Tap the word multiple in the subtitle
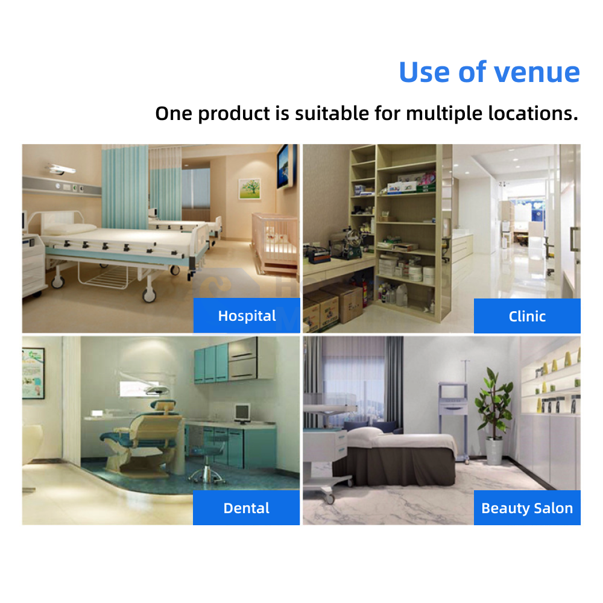pos(444,114)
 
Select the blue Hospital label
pos(247,315)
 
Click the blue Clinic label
pos(527,316)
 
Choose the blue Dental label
pos(246,508)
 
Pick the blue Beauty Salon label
pos(527,508)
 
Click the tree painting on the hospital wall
pos(249,188)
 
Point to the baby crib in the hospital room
pos(275,242)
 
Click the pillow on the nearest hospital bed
pos(69,229)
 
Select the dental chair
pos(142,437)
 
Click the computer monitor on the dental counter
pos(242,414)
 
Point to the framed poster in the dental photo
pos(33,373)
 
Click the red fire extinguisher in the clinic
pos(365,293)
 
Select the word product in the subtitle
pos(234,115)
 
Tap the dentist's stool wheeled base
pos(206,477)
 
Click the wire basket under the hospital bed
pos(103,276)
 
